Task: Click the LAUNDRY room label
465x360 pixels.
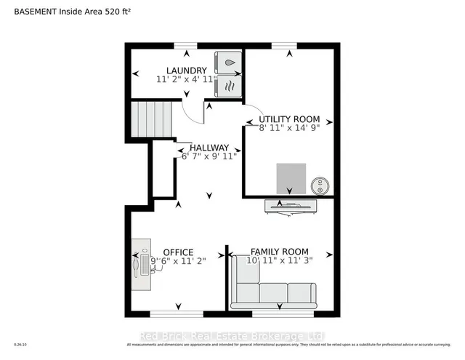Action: (181, 71)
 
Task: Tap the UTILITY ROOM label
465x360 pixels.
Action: (290, 118)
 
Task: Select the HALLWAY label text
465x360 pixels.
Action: (209, 147)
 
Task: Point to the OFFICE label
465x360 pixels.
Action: (178, 252)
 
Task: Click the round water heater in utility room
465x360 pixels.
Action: (318, 184)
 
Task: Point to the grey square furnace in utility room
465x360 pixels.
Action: (291, 177)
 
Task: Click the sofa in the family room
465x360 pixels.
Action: (272, 290)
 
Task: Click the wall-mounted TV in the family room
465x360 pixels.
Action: (290, 206)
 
